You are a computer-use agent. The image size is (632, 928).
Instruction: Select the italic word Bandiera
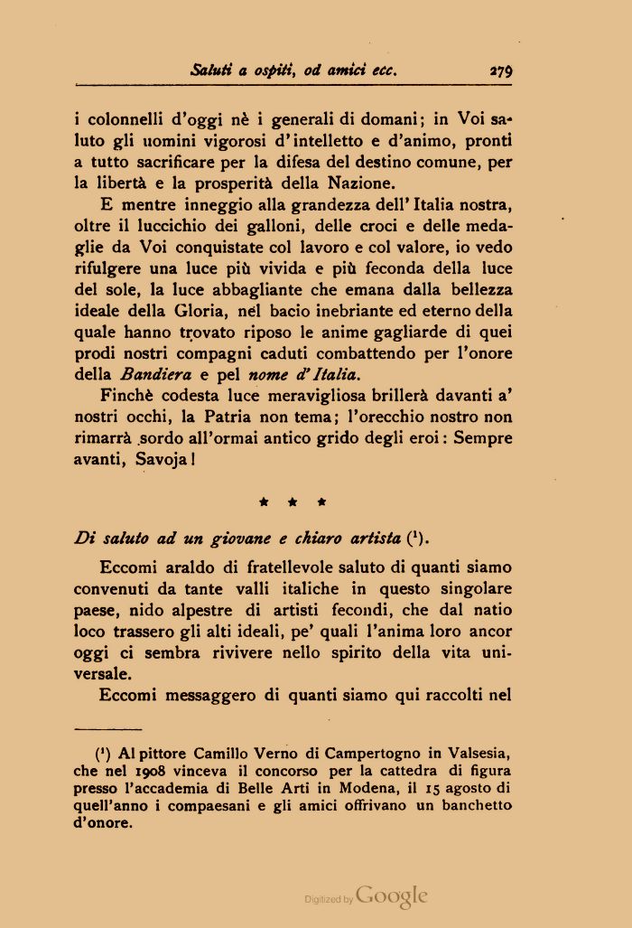click(x=154, y=372)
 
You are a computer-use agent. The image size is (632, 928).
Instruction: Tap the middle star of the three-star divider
click(x=293, y=501)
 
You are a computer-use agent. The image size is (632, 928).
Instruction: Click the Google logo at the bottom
click(x=391, y=895)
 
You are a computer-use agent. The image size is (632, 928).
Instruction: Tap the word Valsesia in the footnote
click(x=479, y=754)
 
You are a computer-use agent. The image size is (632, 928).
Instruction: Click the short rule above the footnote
click(x=108, y=727)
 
